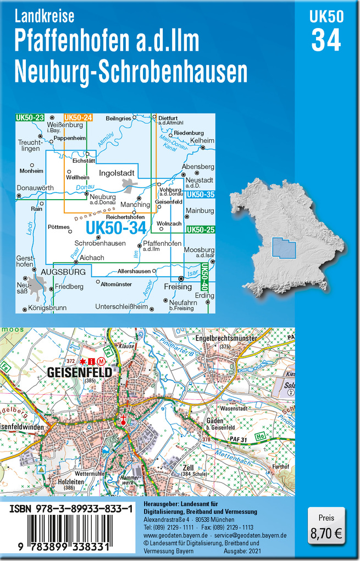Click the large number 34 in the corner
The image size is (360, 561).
click(x=326, y=40)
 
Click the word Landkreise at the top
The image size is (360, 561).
click(x=45, y=17)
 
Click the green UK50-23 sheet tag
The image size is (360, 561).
click(x=30, y=118)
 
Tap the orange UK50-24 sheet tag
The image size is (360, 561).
click(x=78, y=118)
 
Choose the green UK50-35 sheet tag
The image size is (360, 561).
click(x=200, y=194)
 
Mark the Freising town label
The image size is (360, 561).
click(x=178, y=287)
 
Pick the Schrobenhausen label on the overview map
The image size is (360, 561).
click(x=99, y=243)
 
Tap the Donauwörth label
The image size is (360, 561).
click(x=35, y=188)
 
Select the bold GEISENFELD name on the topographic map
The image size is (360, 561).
click(x=80, y=372)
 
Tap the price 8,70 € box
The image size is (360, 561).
click(x=326, y=527)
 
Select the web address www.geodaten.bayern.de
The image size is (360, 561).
click(x=175, y=535)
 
